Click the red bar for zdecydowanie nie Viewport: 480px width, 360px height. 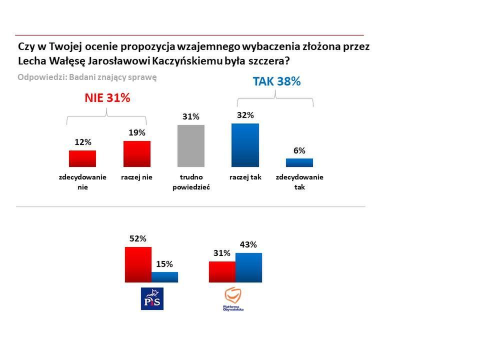pos(82,158)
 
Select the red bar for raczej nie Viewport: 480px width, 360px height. pos(136,153)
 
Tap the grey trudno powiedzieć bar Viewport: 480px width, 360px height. pos(191,145)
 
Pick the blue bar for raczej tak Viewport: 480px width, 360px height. pos(245,145)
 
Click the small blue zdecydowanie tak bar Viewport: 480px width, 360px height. pos(299,162)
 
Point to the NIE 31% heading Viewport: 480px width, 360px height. pos(106,98)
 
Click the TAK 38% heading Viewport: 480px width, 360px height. pos(276,81)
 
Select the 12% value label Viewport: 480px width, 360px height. pos(82,142)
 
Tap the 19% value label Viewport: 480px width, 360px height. pos(136,132)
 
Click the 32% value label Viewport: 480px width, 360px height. pos(245,115)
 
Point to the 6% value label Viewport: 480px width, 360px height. pos(299,150)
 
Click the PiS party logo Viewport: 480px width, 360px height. pos(152,298)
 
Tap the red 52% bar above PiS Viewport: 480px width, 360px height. pos(138,265)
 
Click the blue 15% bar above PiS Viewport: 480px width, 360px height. pos(164,277)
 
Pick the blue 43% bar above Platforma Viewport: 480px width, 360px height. pos(248,268)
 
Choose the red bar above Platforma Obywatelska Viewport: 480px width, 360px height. pos(222,272)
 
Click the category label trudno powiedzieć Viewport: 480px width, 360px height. pos(191,182)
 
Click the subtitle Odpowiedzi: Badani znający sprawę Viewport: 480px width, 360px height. pos(87,77)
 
